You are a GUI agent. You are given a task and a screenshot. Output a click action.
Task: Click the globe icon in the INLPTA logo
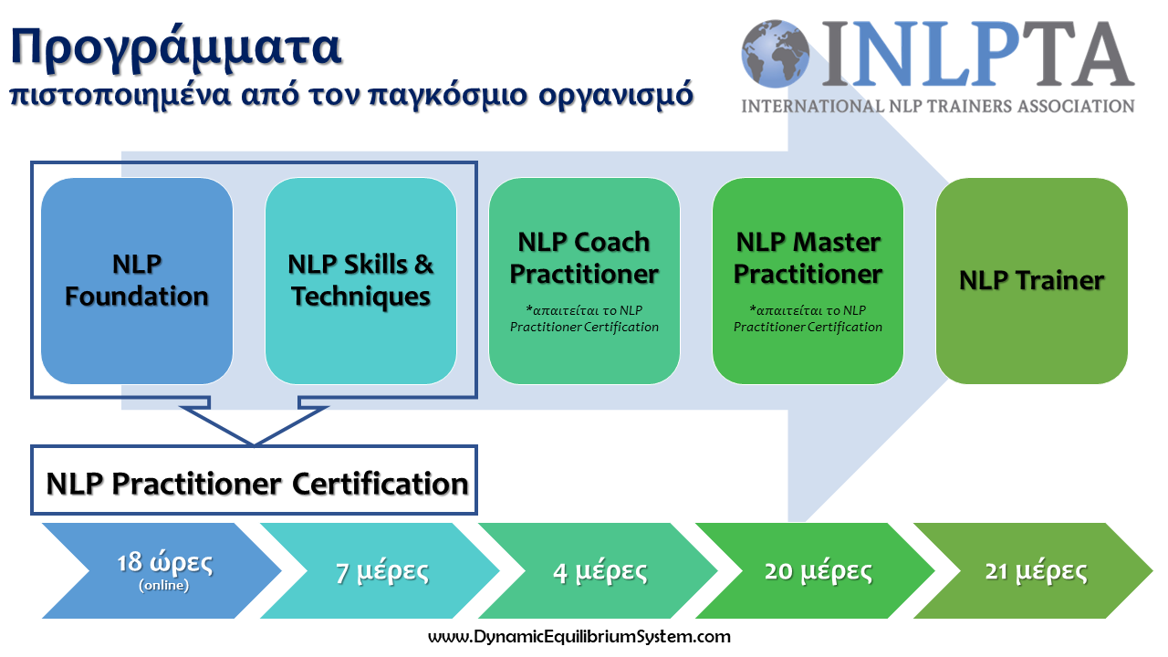point(776,54)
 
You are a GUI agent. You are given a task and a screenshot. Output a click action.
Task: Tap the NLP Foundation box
point(137,281)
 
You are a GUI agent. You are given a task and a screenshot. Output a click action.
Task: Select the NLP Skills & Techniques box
point(360,281)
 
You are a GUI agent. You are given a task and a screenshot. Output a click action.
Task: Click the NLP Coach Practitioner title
point(584,258)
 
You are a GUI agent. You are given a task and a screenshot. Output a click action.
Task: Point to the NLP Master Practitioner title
point(808,258)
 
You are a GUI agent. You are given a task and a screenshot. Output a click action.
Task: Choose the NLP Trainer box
point(1032,281)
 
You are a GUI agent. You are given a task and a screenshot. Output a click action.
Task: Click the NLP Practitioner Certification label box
point(254,480)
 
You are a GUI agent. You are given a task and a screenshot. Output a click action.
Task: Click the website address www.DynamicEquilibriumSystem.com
point(579,637)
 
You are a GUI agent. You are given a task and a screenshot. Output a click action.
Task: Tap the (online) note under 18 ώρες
point(163,586)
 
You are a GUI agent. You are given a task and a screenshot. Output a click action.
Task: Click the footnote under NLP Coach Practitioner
point(584,318)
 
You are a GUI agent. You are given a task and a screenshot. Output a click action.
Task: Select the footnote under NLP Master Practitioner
point(808,318)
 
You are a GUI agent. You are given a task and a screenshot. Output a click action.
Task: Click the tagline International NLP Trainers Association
point(938,107)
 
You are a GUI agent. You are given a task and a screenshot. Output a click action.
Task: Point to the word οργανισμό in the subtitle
point(616,96)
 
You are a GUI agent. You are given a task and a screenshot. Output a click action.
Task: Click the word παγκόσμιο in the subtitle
point(448,96)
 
